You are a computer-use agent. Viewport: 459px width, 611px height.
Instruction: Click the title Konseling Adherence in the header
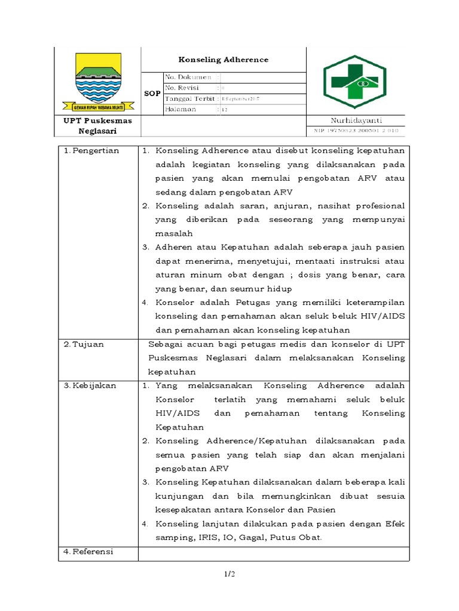coord(224,60)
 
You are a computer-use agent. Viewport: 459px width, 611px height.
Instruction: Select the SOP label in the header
coord(152,94)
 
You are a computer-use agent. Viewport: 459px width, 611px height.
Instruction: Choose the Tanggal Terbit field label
coord(190,98)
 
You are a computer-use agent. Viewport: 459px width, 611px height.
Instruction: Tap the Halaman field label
coord(183,110)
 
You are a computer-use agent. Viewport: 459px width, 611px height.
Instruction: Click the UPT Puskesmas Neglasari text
coord(98,125)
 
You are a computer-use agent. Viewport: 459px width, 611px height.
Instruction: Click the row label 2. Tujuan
coord(85,344)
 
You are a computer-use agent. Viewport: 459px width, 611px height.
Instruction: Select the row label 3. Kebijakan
coord(90,385)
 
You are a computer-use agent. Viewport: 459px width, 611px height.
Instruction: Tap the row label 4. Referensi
coord(89,552)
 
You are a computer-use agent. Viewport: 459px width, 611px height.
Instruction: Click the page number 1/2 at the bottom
coord(229,575)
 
